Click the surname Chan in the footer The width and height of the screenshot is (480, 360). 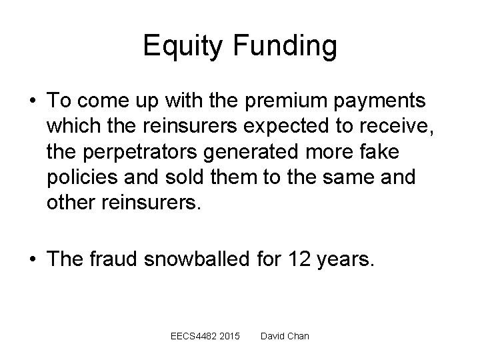coord(297,336)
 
